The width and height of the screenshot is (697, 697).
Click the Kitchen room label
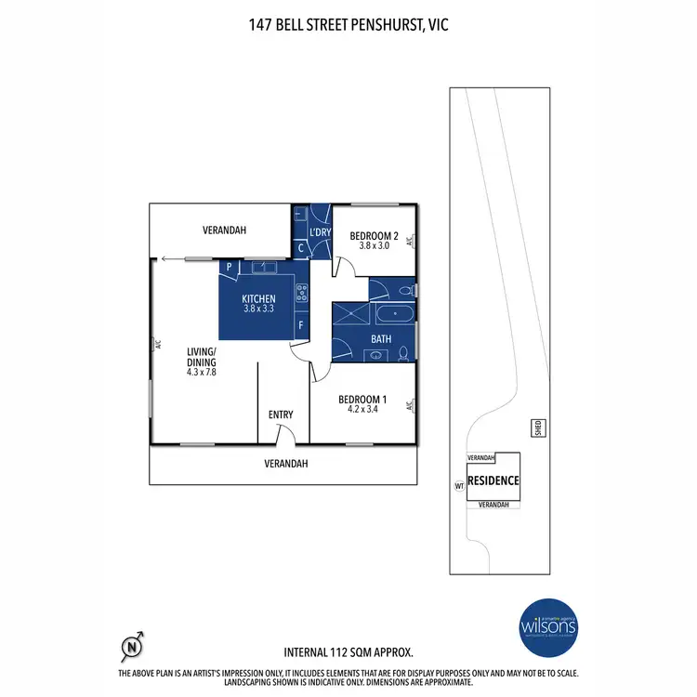[x=259, y=297]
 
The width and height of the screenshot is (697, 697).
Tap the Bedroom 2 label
[x=374, y=236]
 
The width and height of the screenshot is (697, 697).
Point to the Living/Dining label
[x=201, y=356]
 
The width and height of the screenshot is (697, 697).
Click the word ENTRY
[x=281, y=414]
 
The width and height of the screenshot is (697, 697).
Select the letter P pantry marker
[x=227, y=266]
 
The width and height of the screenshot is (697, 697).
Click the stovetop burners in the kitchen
[x=301, y=293]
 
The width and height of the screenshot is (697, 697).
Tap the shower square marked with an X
[x=351, y=314]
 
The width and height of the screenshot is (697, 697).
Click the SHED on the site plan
[x=536, y=427]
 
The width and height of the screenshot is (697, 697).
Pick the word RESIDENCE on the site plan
[x=493, y=480]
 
